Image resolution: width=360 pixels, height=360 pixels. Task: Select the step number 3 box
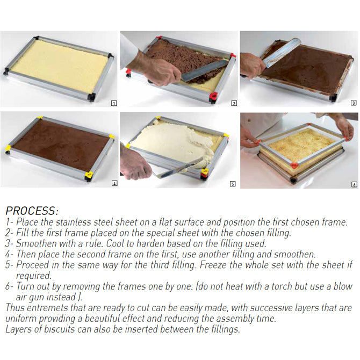pyautogui.click(x=353, y=102)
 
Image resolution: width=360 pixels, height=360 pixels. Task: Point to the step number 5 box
pyautogui.click(x=232, y=183)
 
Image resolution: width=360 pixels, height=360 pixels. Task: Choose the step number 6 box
pyautogui.click(x=354, y=184)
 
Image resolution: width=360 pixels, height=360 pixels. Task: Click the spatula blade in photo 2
pyautogui.click(x=204, y=71)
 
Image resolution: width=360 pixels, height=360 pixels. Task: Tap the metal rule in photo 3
pyautogui.click(x=282, y=52)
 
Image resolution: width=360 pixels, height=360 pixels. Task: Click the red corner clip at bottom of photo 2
pyautogui.click(x=213, y=97)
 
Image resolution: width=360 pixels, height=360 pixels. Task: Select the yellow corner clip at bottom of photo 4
pyautogui.click(x=89, y=175)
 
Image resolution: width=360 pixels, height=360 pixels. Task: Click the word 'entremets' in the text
pyautogui.click(x=48, y=308)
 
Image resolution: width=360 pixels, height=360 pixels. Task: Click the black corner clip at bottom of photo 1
pyautogui.click(x=91, y=97)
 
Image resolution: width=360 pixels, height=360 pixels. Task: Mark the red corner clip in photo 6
pyautogui.click(x=293, y=165)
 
